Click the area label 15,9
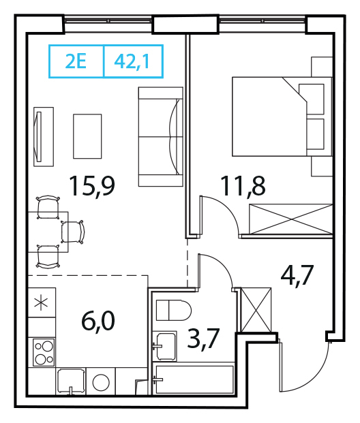coord(92,185)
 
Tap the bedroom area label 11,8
coord(243,185)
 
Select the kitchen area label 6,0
coord(98,321)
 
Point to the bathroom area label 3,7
coord(202,338)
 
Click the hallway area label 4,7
coord(297,275)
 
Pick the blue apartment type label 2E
coord(76,61)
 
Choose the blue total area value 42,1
coord(132,62)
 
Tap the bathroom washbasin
coord(165,347)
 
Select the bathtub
coord(193,379)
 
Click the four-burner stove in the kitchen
coord(44,352)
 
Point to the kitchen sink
coord(72,381)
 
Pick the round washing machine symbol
coord(101,382)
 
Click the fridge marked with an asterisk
coord(42,302)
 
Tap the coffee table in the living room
coord(87,136)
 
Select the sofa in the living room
coord(161,136)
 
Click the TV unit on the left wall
coord(44,137)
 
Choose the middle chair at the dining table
coord(73,232)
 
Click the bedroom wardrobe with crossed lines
coord(291,219)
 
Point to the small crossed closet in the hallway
coord(256,310)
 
